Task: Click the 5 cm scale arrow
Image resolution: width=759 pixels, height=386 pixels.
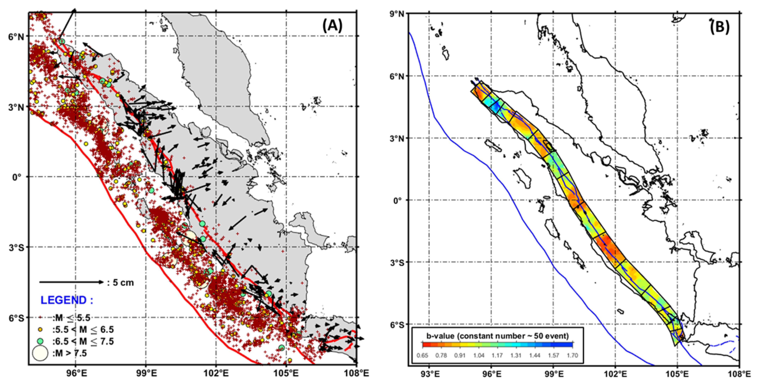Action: [72, 282]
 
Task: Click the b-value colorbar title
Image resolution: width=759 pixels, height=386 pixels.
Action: [497, 336]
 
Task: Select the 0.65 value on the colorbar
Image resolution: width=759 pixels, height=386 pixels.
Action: [422, 355]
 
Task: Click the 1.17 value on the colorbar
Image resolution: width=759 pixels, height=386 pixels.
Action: [497, 355]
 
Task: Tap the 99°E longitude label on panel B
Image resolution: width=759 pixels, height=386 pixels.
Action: [553, 375]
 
